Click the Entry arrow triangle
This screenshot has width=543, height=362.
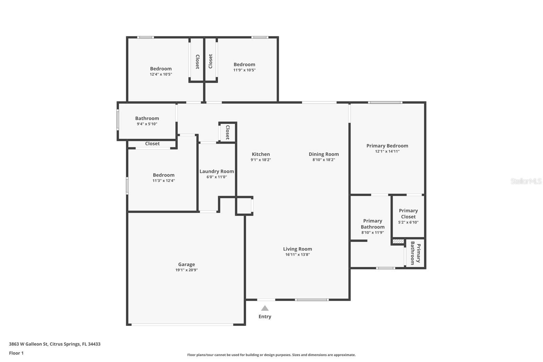[265, 308]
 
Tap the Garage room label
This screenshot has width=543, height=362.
[186, 264]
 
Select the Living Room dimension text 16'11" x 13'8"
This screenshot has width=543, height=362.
[297, 254]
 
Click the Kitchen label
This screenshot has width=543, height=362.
[261, 154]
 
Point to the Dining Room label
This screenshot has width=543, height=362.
[324, 154]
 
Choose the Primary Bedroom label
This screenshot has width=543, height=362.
[387, 146]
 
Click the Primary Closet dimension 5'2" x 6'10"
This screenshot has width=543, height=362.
[408, 222]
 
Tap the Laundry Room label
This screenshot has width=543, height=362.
[217, 171]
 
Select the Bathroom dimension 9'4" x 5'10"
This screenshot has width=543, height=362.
[147, 124]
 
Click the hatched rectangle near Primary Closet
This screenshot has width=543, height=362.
[398, 241]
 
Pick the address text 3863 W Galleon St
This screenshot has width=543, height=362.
[29, 344]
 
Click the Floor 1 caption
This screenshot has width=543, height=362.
[16, 353]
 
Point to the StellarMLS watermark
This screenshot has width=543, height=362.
[526, 181]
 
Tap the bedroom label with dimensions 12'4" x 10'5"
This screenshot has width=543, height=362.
[161, 69]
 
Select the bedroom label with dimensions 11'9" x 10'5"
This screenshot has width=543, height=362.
[244, 65]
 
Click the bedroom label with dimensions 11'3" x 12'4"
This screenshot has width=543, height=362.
[164, 175]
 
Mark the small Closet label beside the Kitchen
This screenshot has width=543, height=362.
[228, 132]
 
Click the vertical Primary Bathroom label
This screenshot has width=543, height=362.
[415, 253]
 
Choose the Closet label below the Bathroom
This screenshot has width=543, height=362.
[152, 144]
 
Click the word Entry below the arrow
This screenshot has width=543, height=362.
[265, 316]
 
